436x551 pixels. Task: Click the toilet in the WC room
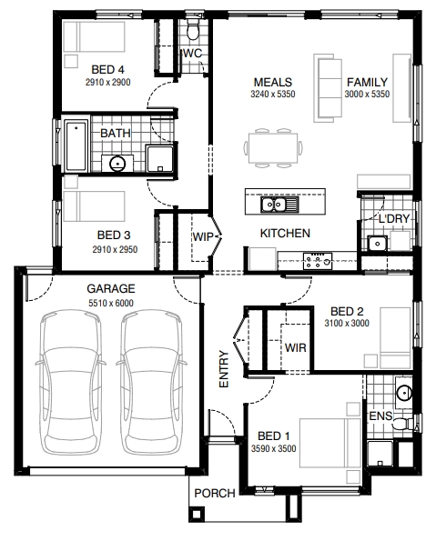pyautogui.click(x=192, y=29)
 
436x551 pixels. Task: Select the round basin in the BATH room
pyautogui.click(x=117, y=163)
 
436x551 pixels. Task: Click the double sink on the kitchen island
pyautogui.click(x=279, y=205)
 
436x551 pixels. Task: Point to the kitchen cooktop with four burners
pyautogui.click(x=318, y=261)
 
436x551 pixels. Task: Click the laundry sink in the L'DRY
pyautogui.click(x=377, y=243)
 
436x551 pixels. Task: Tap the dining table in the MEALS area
pyautogui.click(x=273, y=148)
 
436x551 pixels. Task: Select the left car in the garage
pyautogui.click(x=70, y=382)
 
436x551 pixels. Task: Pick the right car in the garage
pyautogui.click(x=151, y=382)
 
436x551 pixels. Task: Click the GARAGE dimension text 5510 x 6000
pyautogui.click(x=111, y=303)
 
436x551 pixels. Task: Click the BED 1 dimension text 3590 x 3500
pyautogui.click(x=273, y=448)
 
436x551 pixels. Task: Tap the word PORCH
pyautogui.click(x=215, y=494)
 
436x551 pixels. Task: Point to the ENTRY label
pyautogui.click(x=224, y=369)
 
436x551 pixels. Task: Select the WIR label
pyautogui.click(x=295, y=348)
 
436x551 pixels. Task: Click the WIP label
pyautogui.click(x=203, y=236)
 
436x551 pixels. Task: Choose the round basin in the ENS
pyautogui.click(x=404, y=392)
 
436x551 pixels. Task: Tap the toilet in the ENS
pyautogui.click(x=403, y=424)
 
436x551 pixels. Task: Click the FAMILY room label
pyautogui.click(x=367, y=82)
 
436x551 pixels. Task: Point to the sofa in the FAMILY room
pyautogui.click(x=328, y=88)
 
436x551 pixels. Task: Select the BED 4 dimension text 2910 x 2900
pyautogui.click(x=107, y=82)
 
